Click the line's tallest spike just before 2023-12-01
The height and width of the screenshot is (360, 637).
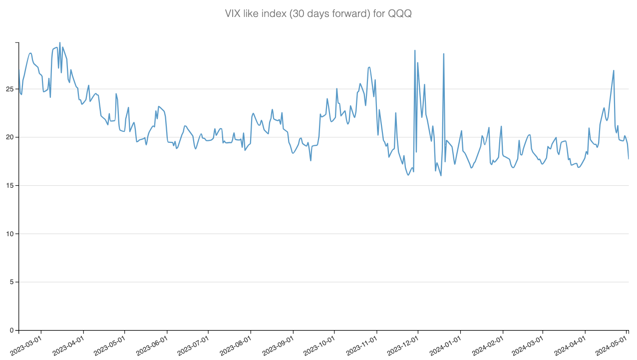pyautogui.click(x=415, y=50)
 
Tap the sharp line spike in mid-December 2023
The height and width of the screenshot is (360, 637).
pyautogui.click(x=443, y=53)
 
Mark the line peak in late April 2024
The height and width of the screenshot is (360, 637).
pyautogui.click(x=614, y=70)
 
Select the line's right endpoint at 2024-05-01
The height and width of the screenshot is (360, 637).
pyautogui.click(x=629, y=159)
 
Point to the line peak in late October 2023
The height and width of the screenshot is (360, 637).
pyautogui.click(x=369, y=67)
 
